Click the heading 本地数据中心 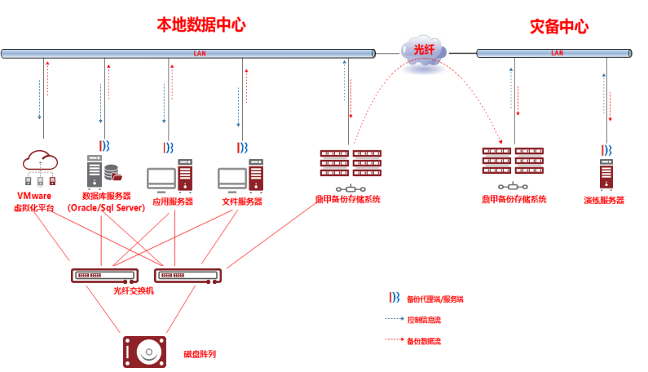tap(201, 25)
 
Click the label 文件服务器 tap(242, 201)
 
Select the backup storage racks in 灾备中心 tap(513, 161)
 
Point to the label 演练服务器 tap(604, 200)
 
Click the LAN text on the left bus tap(200, 54)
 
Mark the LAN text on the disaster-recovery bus tap(558, 54)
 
